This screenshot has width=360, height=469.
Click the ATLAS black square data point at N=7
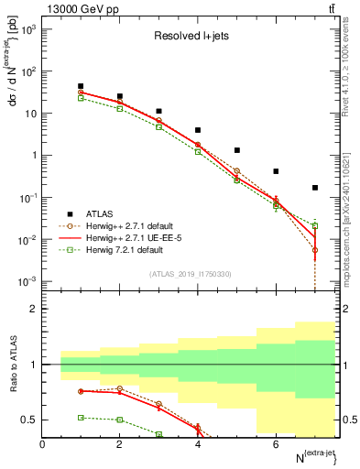tap(315, 188)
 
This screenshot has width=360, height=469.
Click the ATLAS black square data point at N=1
tap(82, 86)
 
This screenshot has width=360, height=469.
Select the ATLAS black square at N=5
tap(237, 150)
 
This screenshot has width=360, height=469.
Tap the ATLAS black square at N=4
tap(198, 130)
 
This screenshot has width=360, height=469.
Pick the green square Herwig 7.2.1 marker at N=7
tap(315, 225)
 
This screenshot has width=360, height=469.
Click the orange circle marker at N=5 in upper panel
tap(237, 171)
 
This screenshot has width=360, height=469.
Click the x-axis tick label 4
tap(198, 444)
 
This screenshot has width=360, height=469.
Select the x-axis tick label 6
tap(276, 444)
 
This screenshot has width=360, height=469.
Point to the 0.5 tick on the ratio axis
tap(30, 420)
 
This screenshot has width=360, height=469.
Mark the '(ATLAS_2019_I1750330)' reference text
tap(191, 274)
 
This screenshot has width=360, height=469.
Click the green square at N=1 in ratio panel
tap(82, 417)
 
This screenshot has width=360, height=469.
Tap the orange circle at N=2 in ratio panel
tap(120, 388)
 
